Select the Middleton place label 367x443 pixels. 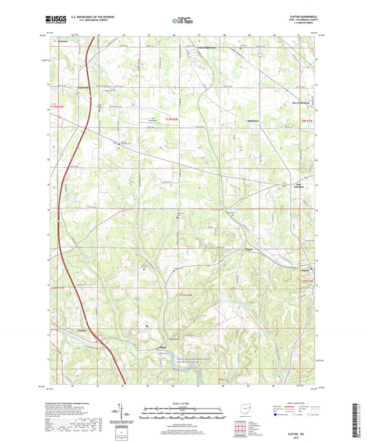point(253,120)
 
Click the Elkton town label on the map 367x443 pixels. point(162,347)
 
